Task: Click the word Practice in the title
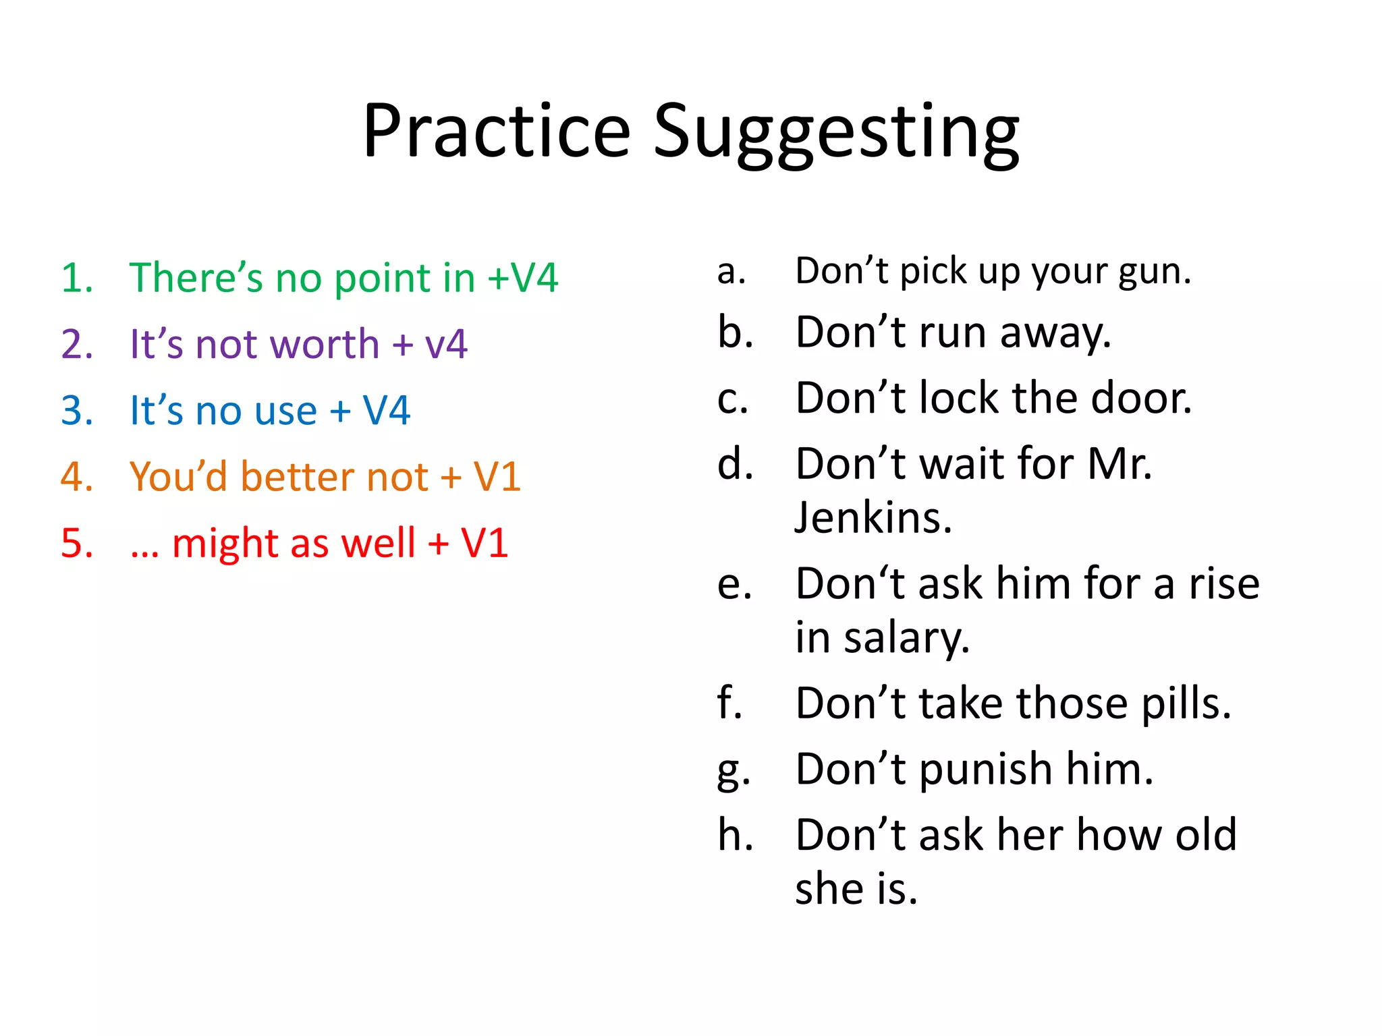[x=496, y=132]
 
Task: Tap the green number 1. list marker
[x=77, y=278]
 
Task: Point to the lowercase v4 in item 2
[x=445, y=344]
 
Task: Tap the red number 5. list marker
[x=77, y=543]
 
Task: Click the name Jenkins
[x=873, y=518]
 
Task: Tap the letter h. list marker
[x=735, y=835]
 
